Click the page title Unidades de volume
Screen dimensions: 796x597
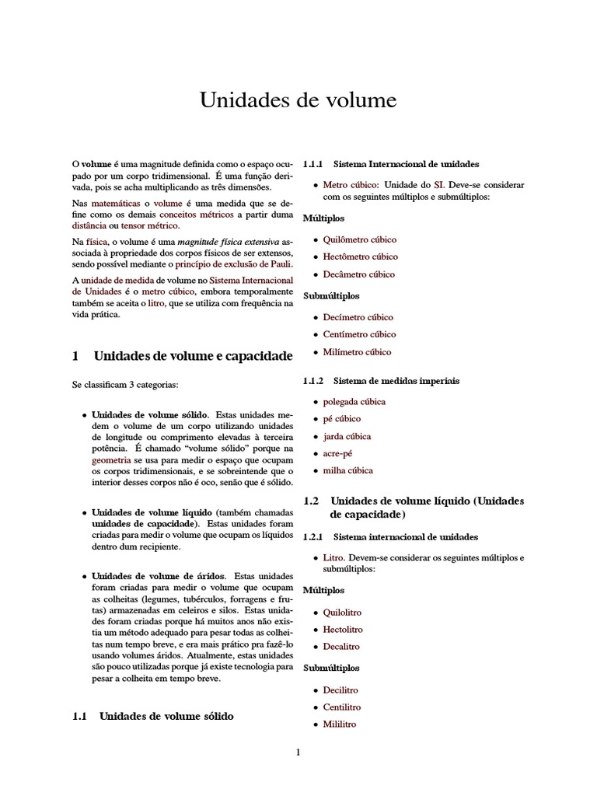298,100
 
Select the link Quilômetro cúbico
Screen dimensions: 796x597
359,239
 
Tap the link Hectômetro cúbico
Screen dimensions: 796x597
360,257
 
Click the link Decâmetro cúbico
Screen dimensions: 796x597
358,274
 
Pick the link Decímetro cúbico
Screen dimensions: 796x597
358,317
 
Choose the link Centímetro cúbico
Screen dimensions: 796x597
359,334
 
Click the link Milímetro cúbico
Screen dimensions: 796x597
357,352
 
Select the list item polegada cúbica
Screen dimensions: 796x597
354,402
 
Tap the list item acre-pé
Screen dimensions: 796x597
337,453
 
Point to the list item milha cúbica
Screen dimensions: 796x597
347,470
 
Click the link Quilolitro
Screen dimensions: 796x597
343,613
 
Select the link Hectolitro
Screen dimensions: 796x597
343,630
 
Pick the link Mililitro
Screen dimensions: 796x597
340,724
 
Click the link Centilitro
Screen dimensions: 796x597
342,707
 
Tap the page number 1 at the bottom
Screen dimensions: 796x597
298,752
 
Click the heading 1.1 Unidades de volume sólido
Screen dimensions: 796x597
152,716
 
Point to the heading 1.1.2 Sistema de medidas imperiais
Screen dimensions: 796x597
381,381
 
